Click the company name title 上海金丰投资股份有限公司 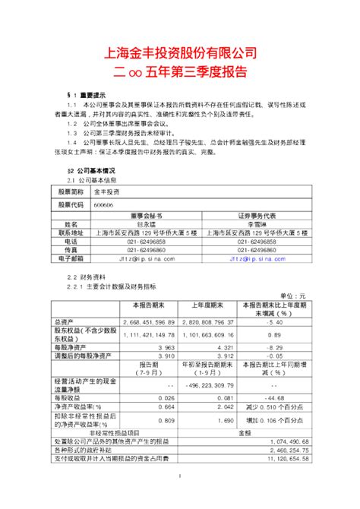coord(180,54)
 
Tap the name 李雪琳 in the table coord(256,225)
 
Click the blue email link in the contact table coord(256,259)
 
